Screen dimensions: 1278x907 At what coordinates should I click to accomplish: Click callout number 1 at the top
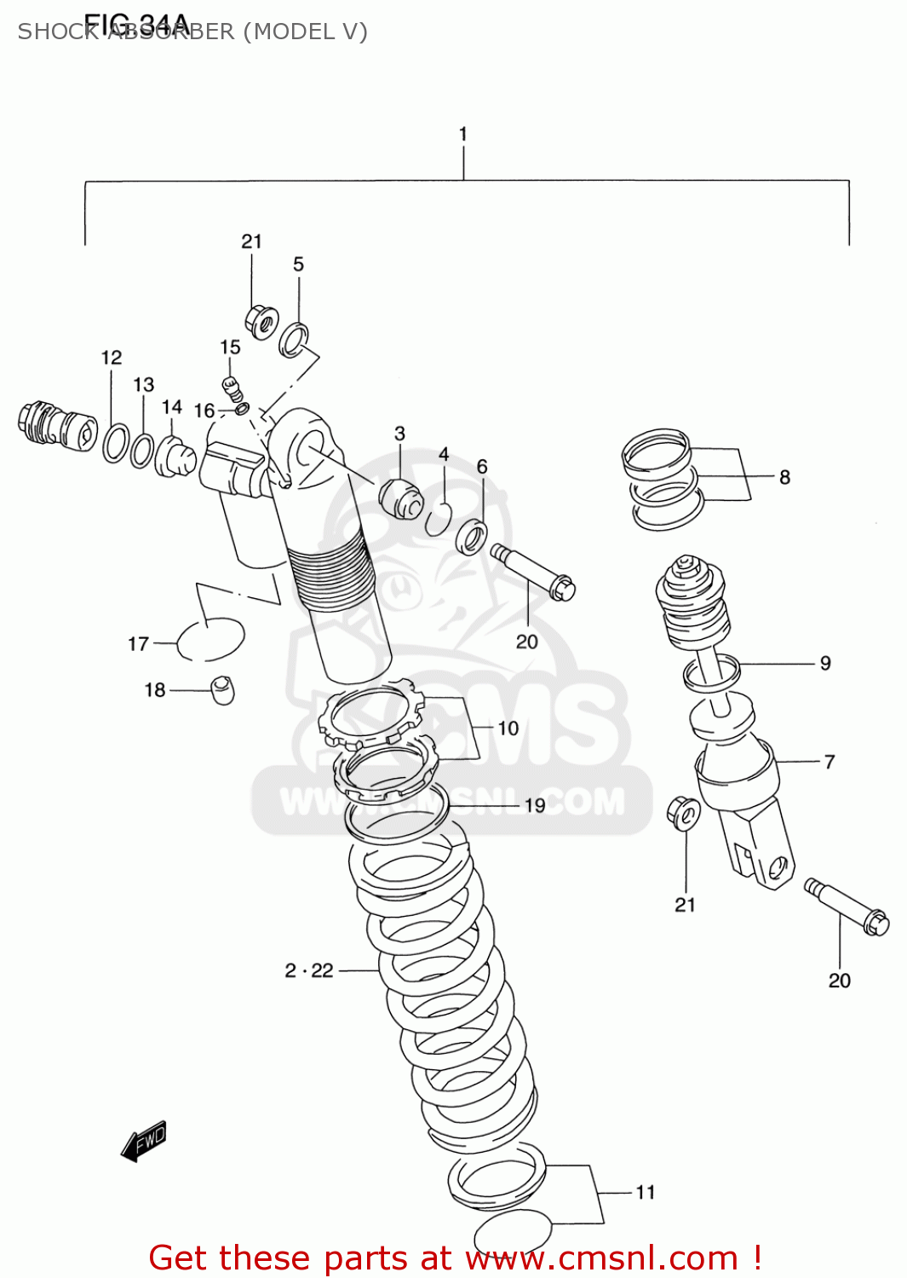(462, 134)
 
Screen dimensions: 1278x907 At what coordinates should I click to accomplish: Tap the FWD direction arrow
(144, 1141)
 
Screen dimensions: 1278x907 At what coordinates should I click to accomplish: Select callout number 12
(112, 358)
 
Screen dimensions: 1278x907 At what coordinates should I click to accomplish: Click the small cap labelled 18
(222, 689)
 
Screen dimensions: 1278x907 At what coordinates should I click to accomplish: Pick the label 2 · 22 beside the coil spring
(309, 970)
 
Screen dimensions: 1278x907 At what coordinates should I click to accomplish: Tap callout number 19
(535, 805)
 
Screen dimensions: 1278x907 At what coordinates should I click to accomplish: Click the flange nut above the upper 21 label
(261, 321)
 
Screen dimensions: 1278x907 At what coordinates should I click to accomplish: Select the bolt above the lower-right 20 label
(846, 907)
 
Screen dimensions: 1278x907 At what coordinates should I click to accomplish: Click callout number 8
(784, 477)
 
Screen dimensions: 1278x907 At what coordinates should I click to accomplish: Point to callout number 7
(829, 762)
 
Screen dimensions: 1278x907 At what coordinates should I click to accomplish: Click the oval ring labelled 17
(211, 639)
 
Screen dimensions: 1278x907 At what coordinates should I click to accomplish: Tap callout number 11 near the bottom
(646, 1192)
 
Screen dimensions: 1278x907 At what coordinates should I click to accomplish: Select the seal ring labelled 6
(471, 538)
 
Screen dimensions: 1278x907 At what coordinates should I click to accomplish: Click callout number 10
(508, 728)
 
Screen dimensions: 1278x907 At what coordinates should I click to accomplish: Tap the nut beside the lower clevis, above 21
(683, 812)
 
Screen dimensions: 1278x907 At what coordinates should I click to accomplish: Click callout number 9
(825, 663)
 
